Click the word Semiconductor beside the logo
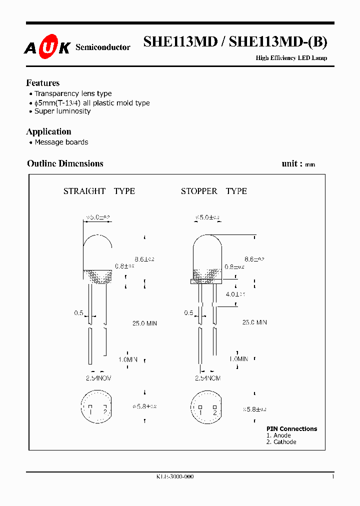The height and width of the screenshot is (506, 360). pyautogui.click(x=102, y=47)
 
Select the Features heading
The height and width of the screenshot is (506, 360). pyautogui.click(x=43, y=83)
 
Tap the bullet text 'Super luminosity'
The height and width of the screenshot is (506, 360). pyautogui.click(x=62, y=111)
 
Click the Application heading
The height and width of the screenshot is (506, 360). pyautogui.click(x=48, y=131)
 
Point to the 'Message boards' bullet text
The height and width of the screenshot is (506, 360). pyautogui.click(x=61, y=142)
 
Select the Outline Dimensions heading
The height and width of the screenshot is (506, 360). pyautogui.click(x=65, y=163)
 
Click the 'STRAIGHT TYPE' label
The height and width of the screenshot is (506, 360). pyautogui.click(x=99, y=191)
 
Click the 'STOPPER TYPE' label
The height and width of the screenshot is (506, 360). pyautogui.click(x=213, y=191)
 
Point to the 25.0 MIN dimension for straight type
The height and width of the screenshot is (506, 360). pyautogui.click(x=144, y=323)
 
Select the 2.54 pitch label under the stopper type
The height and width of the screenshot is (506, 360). pyautogui.click(x=207, y=378)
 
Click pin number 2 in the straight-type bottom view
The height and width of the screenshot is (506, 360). pyautogui.click(x=105, y=411)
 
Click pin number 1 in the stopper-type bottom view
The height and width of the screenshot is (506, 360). pyautogui.click(x=200, y=412)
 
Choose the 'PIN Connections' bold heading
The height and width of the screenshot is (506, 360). pyautogui.click(x=291, y=428)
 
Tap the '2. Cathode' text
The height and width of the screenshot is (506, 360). pyautogui.click(x=281, y=442)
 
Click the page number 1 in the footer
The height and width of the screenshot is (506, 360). pyautogui.click(x=333, y=477)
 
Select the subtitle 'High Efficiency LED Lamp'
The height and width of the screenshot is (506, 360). pyautogui.click(x=291, y=58)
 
